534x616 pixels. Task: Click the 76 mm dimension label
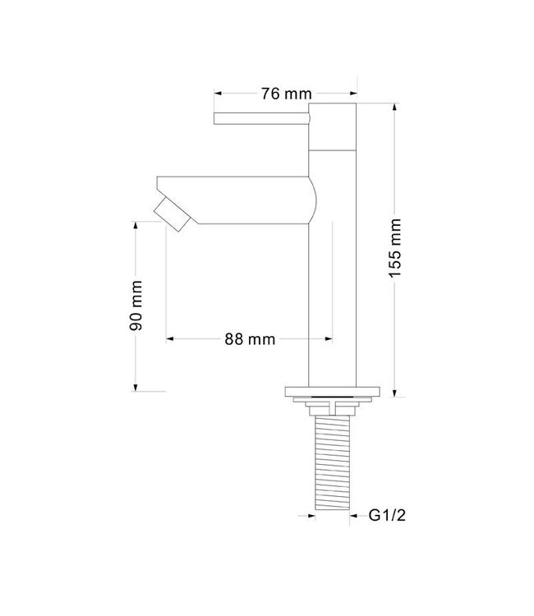tap(278, 93)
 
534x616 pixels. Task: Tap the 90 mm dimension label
tap(136, 305)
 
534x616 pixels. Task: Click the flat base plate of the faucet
tap(332, 392)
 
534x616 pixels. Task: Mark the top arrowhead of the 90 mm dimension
tap(136, 223)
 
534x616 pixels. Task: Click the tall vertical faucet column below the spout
tap(333, 304)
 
